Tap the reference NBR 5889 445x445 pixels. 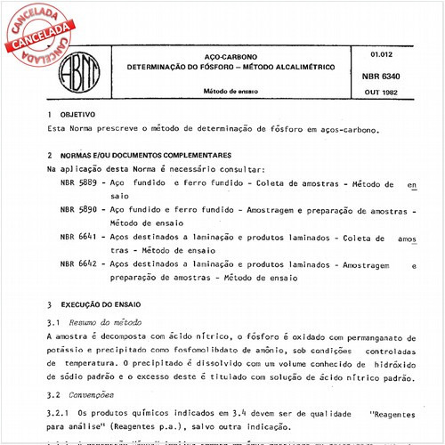click(78, 182)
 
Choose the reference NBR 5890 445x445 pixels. click(78, 210)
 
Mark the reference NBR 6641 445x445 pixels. click(78, 239)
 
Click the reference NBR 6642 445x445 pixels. click(78, 264)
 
